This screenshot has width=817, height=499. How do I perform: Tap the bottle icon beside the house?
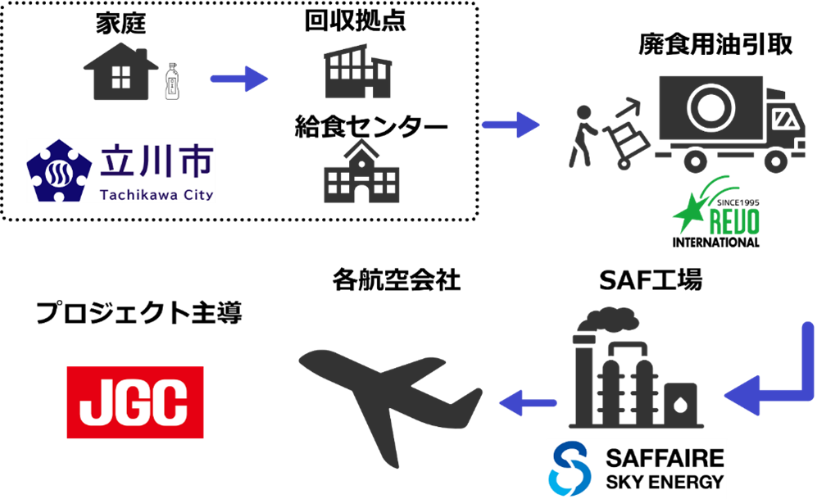pos(171,81)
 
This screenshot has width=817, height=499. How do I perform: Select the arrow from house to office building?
pos(238,79)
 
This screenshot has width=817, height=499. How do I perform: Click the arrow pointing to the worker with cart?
pos(510,125)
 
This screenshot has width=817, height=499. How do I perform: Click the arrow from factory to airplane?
pos(528,402)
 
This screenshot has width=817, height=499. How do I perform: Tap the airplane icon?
pos(388,401)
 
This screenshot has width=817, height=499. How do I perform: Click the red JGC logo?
pos(135,402)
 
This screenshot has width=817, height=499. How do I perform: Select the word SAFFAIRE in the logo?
pos(665,457)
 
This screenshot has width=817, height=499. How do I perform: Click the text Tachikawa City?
pos(157,194)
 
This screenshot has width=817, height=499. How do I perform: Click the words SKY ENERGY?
pos(665,481)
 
